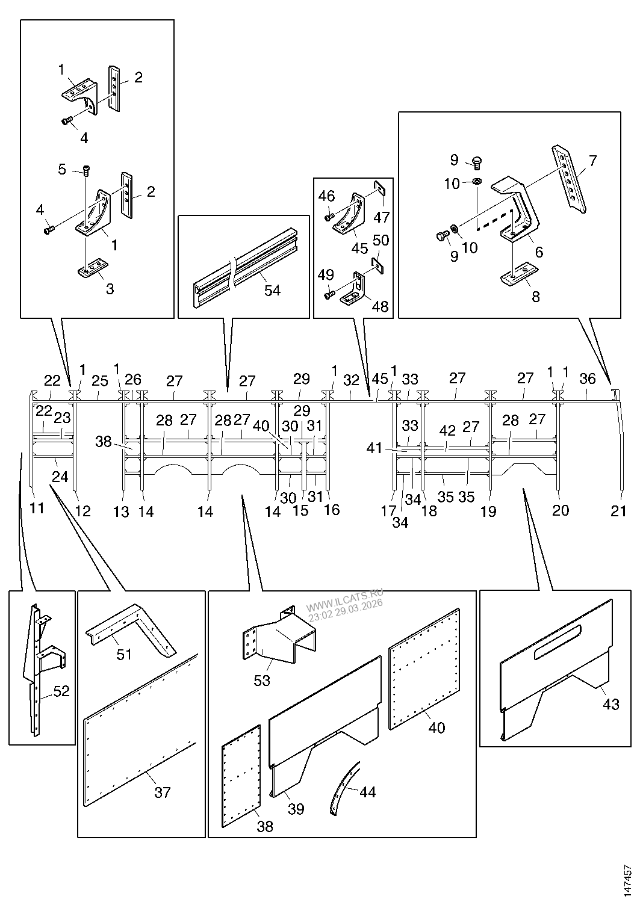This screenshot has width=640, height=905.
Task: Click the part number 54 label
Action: pyautogui.click(x=272, y=290)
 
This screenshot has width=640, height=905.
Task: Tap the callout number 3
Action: pyautogui.click(x=110, y=289)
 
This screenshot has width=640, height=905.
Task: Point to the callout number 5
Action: pyautogui.click(x=62, y=169)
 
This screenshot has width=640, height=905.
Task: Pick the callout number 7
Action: pyautogui.click(x=592, y=161)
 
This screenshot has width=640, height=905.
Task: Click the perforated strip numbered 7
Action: pyautogui.click(x=569, y=179)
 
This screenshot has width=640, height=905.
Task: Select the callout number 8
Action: pyautogui.click(x=536, y=297)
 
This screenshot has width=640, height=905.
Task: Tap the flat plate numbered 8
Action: pyautogui.click(x=518, y=274)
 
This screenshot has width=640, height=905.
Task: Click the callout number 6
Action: pyautogui.click(x=539, y=252)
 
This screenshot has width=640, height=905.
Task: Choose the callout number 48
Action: pyautogui.click(x=380, y=307)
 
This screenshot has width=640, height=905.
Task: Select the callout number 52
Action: pyautogui.click(x=61, y=691)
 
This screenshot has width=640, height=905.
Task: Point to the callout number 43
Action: pyautogui.click(x=611, y=705)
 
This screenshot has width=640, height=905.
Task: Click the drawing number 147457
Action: pyautogui.click(x=627, y=881)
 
